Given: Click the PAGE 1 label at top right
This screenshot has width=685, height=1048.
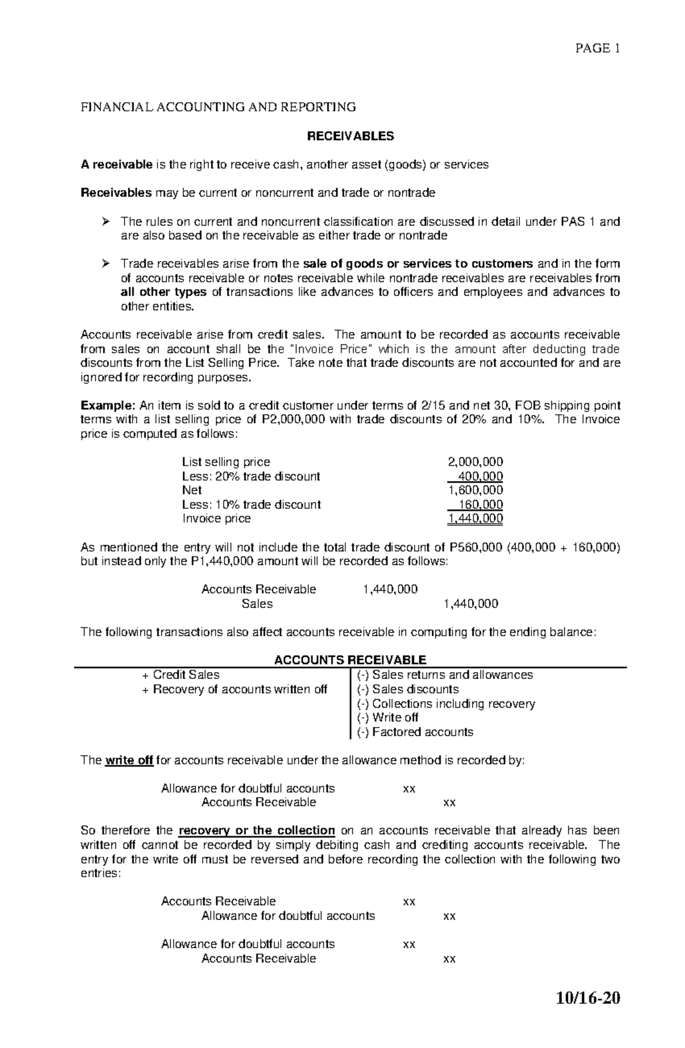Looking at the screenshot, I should coord(597,49).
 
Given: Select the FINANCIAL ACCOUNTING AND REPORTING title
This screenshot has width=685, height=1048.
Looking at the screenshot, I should coord(218,107).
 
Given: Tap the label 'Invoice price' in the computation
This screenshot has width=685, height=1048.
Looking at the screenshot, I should coord(216,519).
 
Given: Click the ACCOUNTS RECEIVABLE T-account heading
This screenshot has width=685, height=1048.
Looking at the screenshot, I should coord(350,660).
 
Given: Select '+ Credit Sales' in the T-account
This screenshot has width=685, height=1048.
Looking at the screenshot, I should coord(181,674).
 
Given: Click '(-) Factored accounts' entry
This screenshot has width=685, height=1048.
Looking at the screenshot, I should coord(415,732).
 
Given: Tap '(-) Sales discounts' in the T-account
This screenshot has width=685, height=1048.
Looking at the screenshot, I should coord(408,689).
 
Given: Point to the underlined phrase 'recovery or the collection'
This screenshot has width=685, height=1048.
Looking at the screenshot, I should coord(256,830).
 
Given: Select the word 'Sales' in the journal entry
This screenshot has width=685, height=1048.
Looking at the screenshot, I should coord(257,604).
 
